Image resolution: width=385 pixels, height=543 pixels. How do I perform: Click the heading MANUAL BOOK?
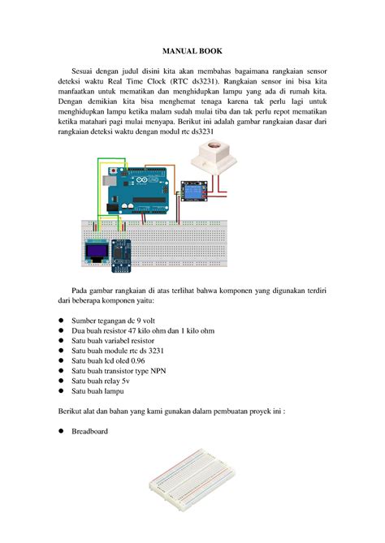(x=192, y=50)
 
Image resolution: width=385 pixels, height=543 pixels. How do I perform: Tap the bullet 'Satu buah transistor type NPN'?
(x=123, y=367)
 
